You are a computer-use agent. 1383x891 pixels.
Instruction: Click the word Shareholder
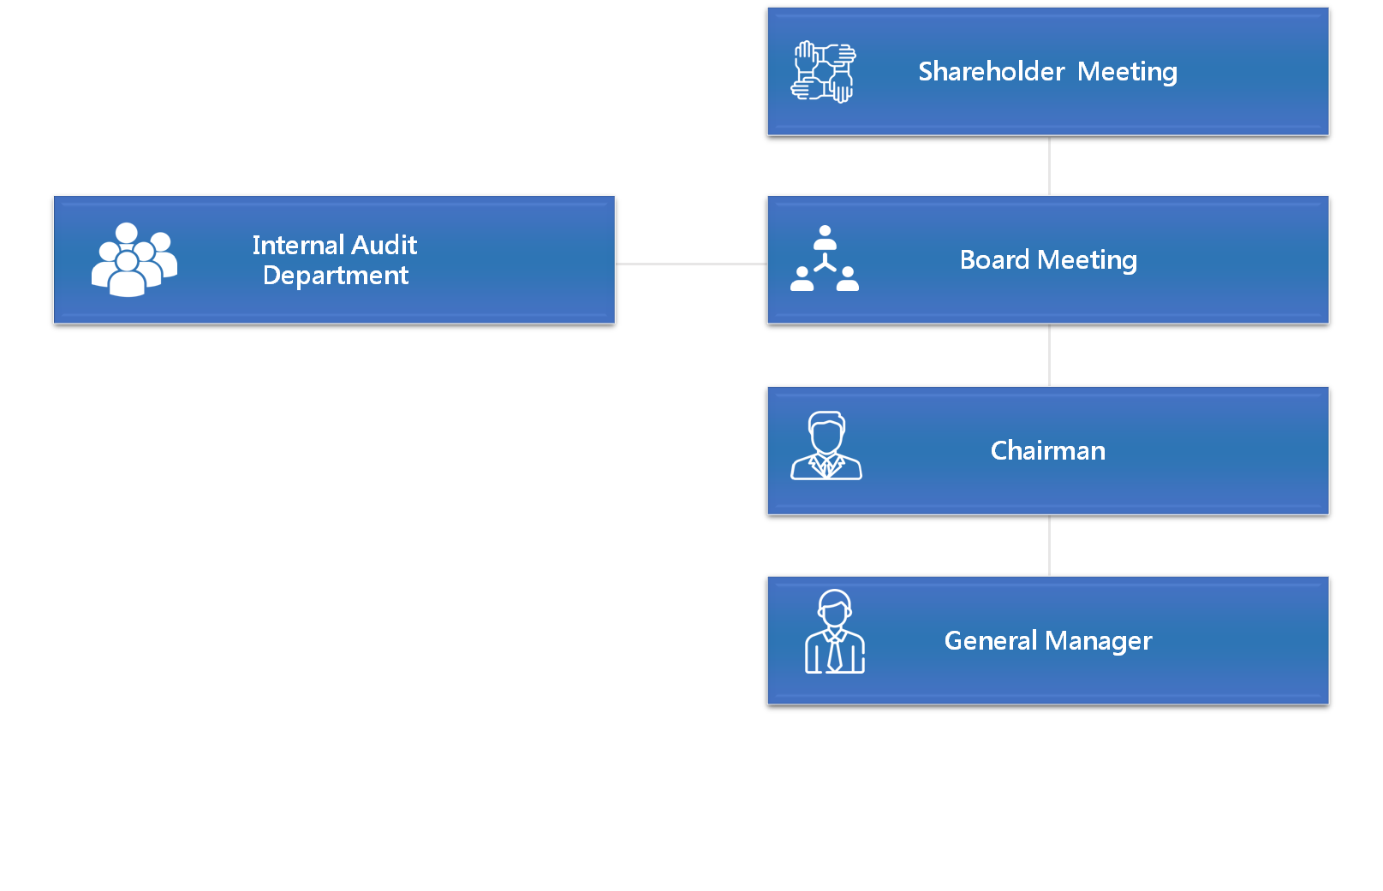[991, 71]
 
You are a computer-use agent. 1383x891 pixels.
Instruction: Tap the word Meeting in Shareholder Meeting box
[1127, 72]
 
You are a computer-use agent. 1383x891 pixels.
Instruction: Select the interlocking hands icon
[823, 72]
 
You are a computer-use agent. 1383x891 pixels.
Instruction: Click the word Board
[993, 259]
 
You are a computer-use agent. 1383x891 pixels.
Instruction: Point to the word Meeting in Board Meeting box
[1087, 260]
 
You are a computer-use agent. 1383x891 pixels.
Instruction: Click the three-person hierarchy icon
[824, 258]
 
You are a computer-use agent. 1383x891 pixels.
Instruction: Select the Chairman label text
[1047, 450]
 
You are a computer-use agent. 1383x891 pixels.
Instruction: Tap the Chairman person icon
[826, 446]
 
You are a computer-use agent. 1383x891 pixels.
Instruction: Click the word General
[990, 640]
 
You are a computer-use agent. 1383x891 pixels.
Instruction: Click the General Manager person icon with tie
[834, 633]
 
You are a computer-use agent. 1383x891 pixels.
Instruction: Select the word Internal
[298, 245]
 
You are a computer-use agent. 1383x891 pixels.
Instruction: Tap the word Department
[336, 276]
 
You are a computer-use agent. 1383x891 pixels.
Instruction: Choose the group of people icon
[134, 259]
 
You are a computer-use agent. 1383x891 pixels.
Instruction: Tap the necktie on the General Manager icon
[834, 655]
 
